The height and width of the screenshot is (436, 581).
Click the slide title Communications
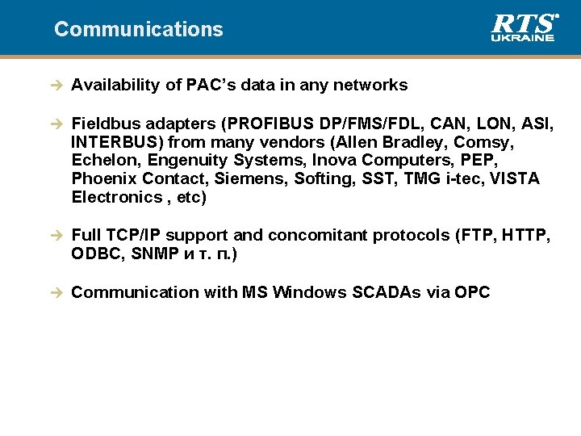(138, 29)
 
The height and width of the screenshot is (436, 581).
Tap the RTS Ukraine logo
(523, 27)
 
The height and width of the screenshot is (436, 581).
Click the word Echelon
(102, 160)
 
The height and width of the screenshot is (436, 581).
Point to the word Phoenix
(103, 178)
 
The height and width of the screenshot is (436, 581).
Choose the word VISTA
(512, 178)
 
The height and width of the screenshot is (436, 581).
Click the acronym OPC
(472, 292)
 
